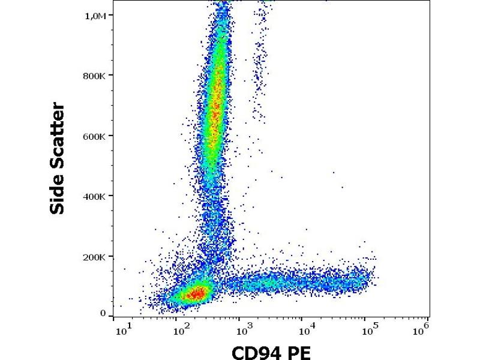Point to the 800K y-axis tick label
[x=95, y=76]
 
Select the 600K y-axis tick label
[x=95, y=136]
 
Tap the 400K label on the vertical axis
[x=95, y=196]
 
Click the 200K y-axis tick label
[x=95, y=257]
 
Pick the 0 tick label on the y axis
[x=103, y=313]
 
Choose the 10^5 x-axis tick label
[x=368, y=328]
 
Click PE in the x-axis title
[x=298, y=352]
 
